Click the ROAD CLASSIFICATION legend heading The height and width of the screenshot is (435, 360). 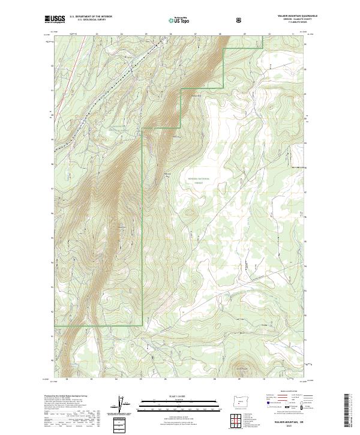(284, 395)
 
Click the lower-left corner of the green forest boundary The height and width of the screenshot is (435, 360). (55, 326)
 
